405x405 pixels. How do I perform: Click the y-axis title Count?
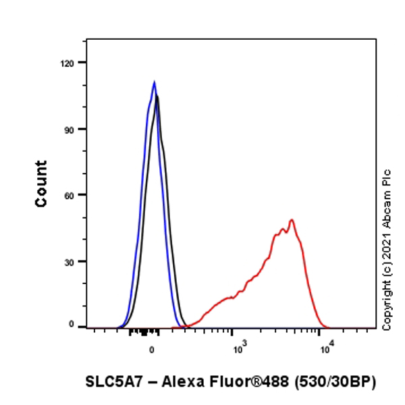42,184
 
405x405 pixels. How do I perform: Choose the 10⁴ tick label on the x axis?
327,348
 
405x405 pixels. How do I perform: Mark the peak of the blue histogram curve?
155,82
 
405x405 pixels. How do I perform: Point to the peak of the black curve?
157,97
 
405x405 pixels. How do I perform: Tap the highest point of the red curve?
292,219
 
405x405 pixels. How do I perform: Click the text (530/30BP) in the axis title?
335,381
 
